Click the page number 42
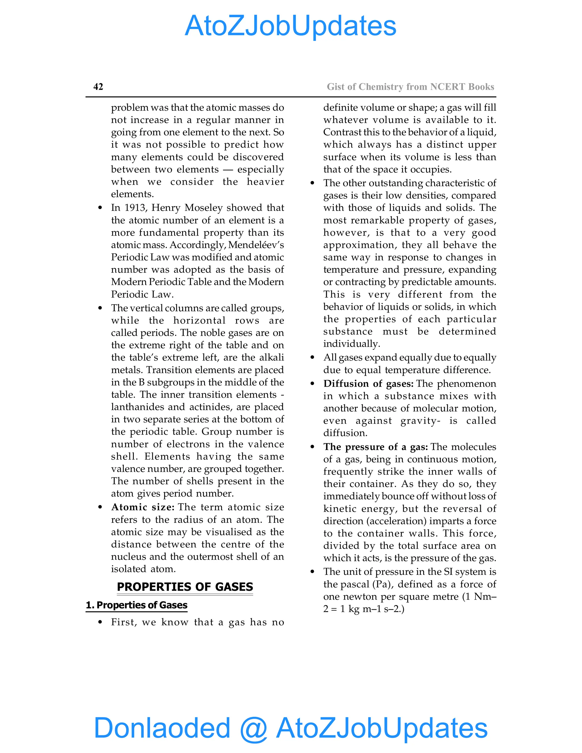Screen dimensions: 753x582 coord(98,87)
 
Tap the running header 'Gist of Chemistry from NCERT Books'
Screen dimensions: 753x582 coord(410,87)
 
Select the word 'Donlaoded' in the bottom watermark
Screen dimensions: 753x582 coord(162,727)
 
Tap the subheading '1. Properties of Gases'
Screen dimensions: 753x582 coord(136,605)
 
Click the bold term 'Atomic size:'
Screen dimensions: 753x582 coord(143,507)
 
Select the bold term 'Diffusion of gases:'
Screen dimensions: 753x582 coord(368,384)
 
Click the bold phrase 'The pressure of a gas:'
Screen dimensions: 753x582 coord(375,447)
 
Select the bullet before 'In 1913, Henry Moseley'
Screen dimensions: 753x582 coord(100,208)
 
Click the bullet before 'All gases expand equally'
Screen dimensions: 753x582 coord(312,357)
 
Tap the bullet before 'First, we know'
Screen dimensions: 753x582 coord(100,622)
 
